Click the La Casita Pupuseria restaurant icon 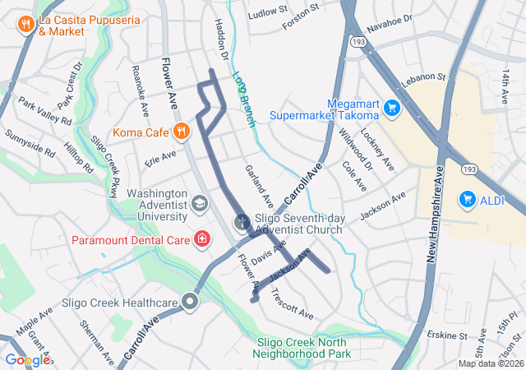[27, 24]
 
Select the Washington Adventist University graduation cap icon [200, 203]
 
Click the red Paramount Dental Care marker [201, 239]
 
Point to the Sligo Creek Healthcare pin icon [191, 303]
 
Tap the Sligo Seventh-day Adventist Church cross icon [242, 222]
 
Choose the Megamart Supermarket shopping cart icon [391, 107]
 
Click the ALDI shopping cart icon [468, 198]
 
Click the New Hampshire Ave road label [435, 214]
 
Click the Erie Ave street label [160, 155]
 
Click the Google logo [26, 359]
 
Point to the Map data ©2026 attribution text [490, 363]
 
